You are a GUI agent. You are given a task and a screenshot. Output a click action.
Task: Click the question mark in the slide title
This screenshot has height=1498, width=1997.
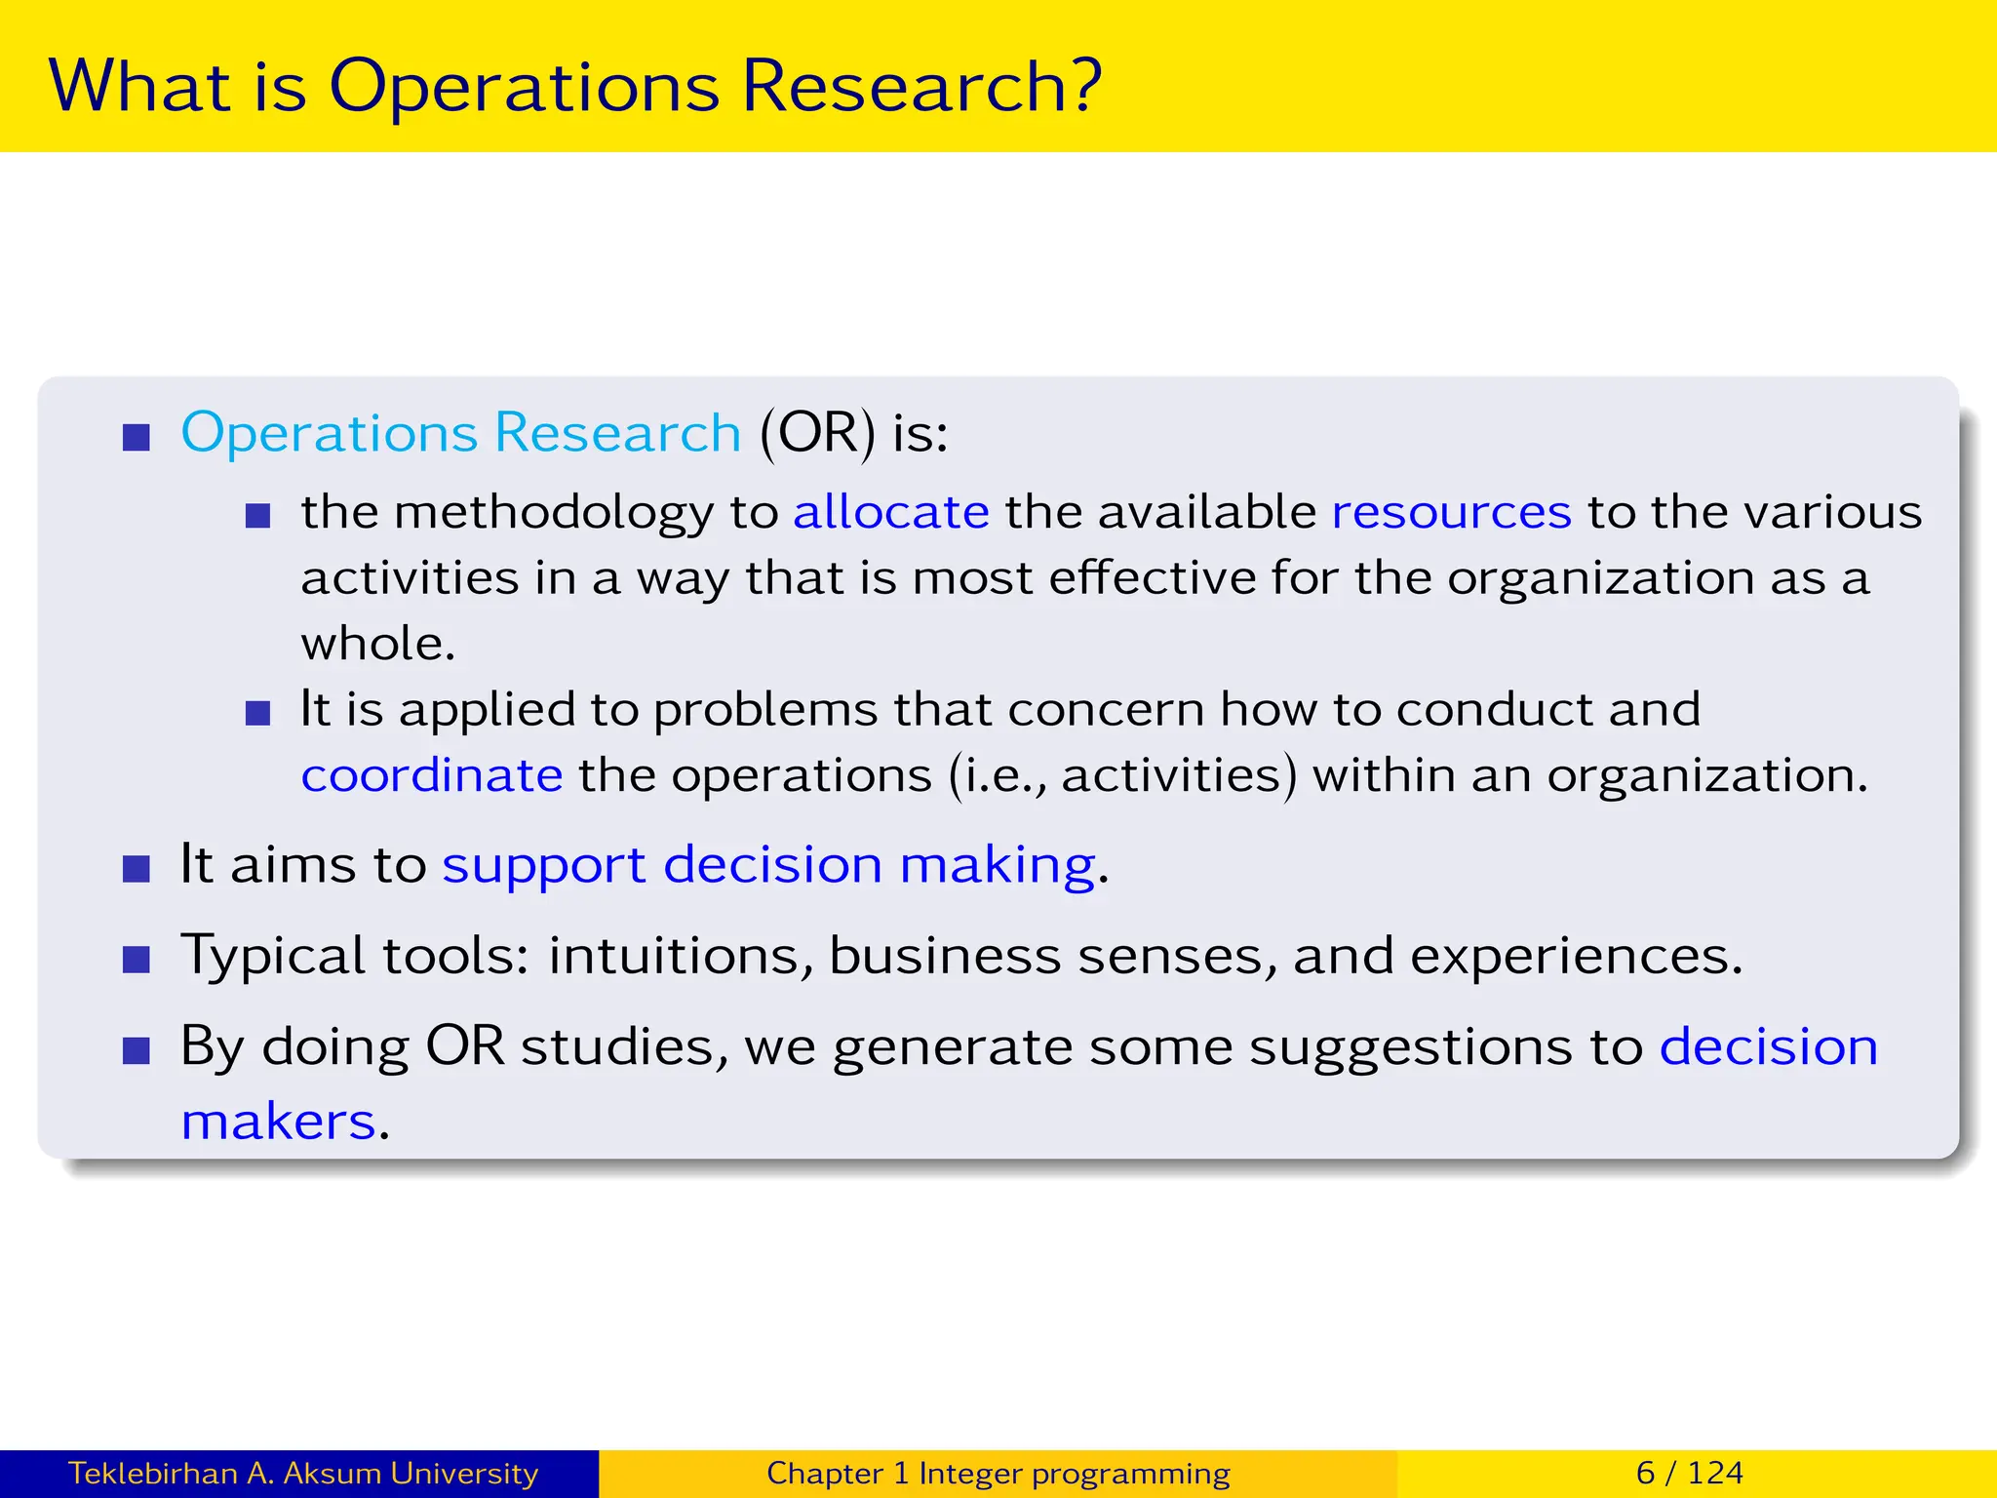pyautogui.click(x=1081, y=86)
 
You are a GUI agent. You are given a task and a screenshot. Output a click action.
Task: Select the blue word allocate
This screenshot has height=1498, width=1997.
pyautogui.click(x=891, y=512)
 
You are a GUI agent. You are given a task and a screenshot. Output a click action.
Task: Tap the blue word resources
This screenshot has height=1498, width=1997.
pyautogui.click(x=1451, y=512)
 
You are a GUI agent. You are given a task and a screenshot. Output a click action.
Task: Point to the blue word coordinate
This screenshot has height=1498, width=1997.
pyautogui.click(x=432, y=775)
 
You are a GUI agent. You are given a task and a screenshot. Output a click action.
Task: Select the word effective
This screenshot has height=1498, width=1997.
pyautogui.click(x=1152, y=577)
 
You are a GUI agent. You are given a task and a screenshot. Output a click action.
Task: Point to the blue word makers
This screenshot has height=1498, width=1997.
pyautogui.click(x=279, y=1122)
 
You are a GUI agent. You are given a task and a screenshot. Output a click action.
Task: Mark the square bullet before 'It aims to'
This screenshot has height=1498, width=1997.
pyautogui.click(x=137, y=868)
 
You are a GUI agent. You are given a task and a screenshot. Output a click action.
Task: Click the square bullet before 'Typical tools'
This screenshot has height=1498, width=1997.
pyautogui.click(x=137, y=960)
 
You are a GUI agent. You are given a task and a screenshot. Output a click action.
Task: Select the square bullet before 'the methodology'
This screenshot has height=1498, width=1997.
pyautogui.click(x=257, y=515)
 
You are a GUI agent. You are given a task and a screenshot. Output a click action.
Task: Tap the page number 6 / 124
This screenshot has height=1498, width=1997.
pyautogui.click(x=1689, y=1473)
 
